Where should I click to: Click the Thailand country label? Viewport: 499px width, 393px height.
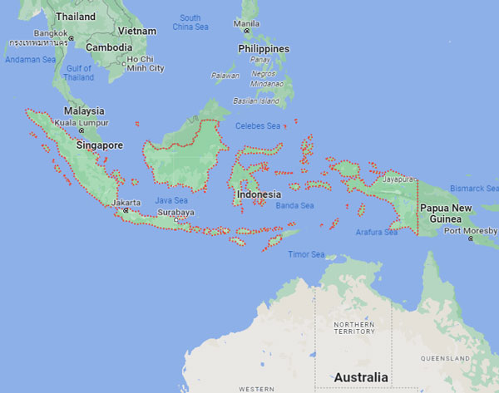click(x=75, y=16)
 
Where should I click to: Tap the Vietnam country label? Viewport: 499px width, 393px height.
click(x=137, y=31)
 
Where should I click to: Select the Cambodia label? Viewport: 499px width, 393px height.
click(x=110, y=47)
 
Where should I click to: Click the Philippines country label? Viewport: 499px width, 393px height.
click(x=264, y=49)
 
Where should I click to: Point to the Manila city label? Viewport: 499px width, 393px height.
click(x=247, y=23)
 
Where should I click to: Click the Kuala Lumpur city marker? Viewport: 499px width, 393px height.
click(x=81, y=130)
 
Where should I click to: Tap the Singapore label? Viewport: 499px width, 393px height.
click(x=99, y=145)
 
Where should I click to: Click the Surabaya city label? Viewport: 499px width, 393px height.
click(x=176, y=212)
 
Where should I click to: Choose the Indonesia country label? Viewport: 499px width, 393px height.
click(x=257, y=194)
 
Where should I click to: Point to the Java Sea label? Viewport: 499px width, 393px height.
click(x=171, y=200)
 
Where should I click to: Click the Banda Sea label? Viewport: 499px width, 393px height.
click(x=294, y=205)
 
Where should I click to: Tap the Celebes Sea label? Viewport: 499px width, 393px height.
click(x=262, y=126)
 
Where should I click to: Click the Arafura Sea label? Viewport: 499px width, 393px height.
click(x=376, y=233)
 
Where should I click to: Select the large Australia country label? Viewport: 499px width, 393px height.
click(x=360, y=377)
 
